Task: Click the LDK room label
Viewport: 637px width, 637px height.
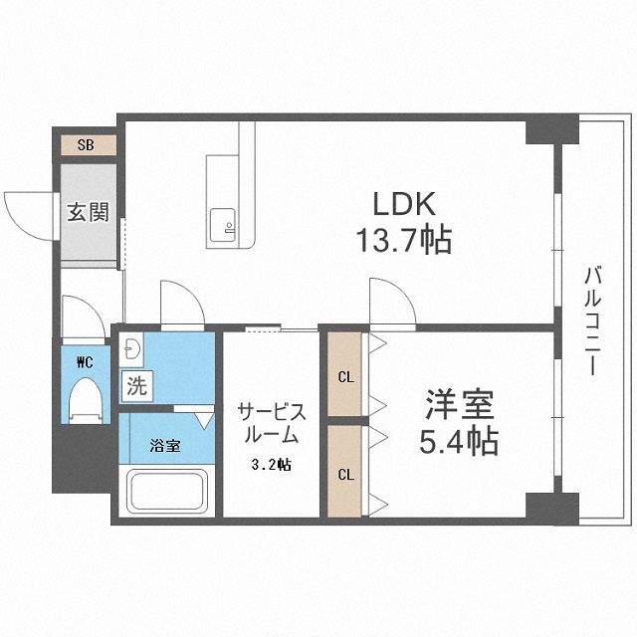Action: pos(404,204)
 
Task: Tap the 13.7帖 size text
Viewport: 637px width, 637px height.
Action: pos(404,240)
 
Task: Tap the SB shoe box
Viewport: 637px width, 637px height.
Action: pos(87,145)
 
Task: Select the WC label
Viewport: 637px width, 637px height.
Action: pos(83,362)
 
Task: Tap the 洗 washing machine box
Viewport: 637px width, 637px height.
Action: pos(136,385)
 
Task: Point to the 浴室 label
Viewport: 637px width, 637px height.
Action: pos(165,445)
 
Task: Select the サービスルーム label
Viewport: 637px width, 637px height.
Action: pos(269,424)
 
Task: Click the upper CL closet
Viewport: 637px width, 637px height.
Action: pos(344,376)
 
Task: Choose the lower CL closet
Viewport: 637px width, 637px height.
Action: pos(344,473)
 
